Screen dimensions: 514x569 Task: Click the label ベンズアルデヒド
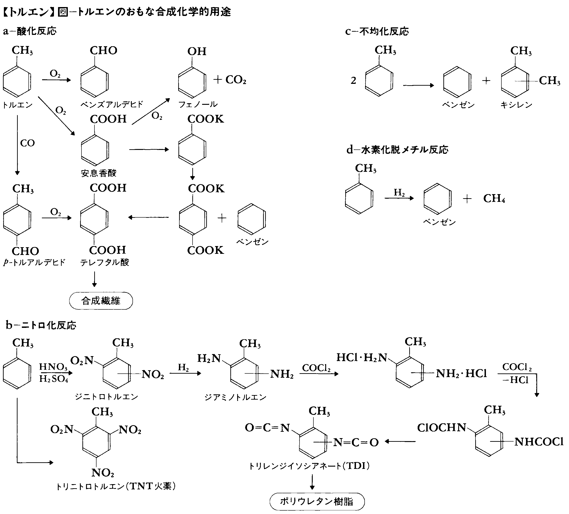112,105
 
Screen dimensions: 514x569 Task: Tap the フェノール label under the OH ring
198,105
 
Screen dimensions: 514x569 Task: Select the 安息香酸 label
99,173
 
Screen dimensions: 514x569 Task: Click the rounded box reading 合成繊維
101,301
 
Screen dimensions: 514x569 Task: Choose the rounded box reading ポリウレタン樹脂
317,501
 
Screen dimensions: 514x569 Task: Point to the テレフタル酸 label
104,262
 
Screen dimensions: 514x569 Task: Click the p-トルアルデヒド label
34,262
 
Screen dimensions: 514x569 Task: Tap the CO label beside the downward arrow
27,143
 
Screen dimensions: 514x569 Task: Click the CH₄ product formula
494,198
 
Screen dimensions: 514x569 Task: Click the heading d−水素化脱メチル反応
397,150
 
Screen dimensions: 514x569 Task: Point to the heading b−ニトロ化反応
41,325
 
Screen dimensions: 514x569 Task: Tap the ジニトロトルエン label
106,397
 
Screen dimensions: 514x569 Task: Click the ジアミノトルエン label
235,397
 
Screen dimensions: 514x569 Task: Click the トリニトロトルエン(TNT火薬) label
116,486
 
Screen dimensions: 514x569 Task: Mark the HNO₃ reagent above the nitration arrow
53,367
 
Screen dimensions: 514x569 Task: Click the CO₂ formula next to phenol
236,80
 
